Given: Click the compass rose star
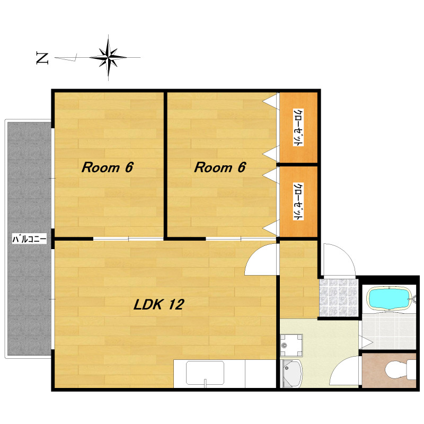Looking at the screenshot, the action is point(108,57).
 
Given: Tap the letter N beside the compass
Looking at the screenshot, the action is point(42,58).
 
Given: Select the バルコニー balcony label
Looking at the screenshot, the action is point(29,239).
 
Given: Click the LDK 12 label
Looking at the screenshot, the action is point(159,304).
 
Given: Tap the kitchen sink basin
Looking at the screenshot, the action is point(205,373).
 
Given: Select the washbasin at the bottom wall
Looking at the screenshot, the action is point(291,374).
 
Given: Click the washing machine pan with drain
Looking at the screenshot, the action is point(291,346).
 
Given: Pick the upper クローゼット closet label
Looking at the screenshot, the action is point(298,127).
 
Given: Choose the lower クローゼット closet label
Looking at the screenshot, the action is point(298,201).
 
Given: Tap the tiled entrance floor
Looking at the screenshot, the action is point(339,297).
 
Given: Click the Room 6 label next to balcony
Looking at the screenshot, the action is point(108,167).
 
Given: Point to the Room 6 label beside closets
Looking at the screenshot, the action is point(220,167).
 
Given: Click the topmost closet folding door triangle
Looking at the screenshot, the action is point(271,101).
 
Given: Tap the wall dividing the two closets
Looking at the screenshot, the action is point(297,164).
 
